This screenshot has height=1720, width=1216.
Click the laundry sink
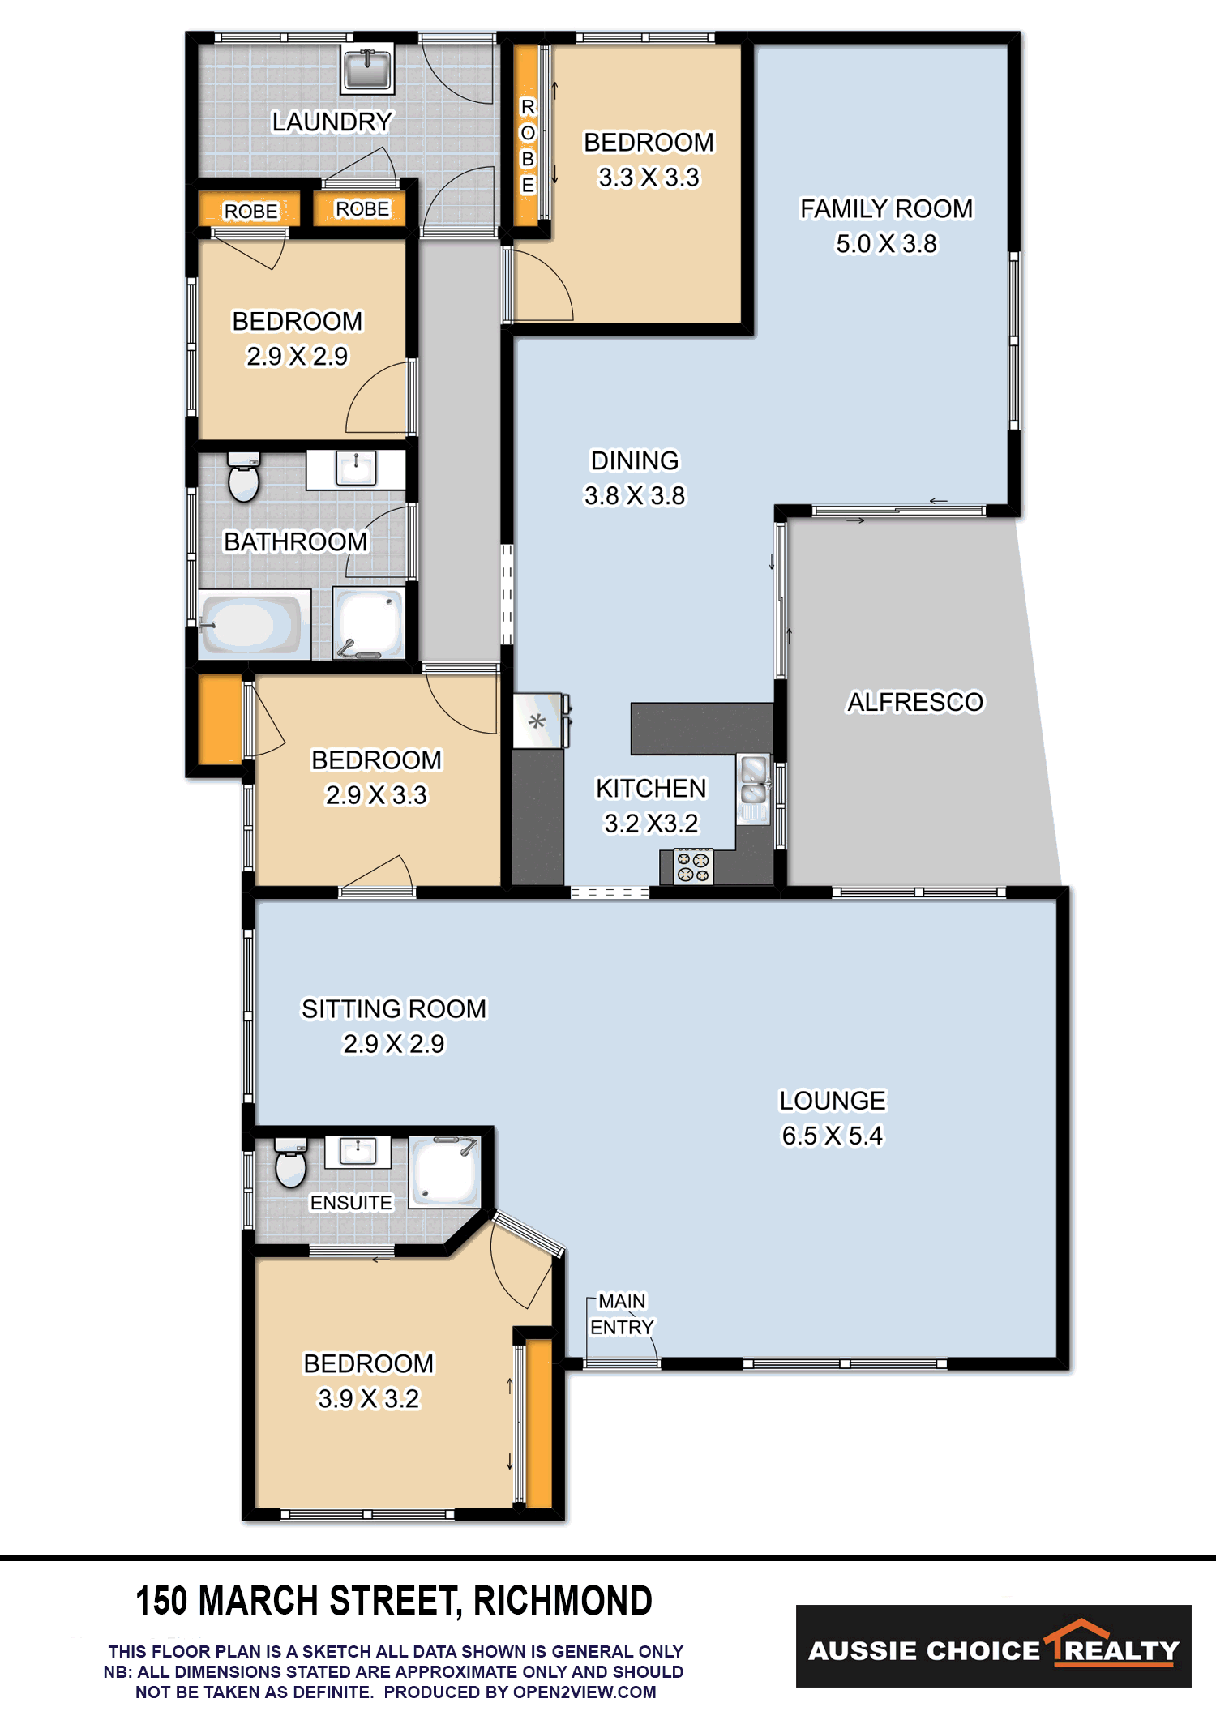[x=367, y=69]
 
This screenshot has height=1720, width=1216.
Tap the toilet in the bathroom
[x=243, y=477]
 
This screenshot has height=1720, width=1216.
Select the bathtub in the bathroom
[x=250, y=624]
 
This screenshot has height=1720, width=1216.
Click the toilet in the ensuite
[x=290, y=1162]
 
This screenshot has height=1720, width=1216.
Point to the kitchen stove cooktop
[x=693, y=866]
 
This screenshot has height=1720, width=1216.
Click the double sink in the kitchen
[x=753, y=787]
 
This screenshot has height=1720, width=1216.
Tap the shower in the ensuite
[x=444, y=1171]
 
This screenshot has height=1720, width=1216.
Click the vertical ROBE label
[x=528, y=146]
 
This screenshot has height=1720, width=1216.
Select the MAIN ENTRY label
[x=622, y=1314]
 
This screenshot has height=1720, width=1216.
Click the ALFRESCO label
[x=915, y=702]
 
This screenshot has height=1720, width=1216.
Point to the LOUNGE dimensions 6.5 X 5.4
[x=833, y=1136]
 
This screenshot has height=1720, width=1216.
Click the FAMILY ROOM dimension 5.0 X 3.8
[x=886, y=243]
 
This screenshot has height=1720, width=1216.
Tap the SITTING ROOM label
[x=394, y=1008]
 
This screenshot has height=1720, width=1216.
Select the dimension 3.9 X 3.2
[x=369, y=1398]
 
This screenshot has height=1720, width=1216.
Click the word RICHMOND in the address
[x=563, y=1601]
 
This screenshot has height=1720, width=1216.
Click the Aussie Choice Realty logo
[x=994, y=1646]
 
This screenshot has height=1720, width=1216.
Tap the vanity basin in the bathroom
[x=356, y=469]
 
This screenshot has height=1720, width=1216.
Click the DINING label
[x=635, y=460]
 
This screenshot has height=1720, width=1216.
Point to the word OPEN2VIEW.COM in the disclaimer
[x=584, y=1692]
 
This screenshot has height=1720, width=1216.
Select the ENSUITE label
[x=351, y=1203]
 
